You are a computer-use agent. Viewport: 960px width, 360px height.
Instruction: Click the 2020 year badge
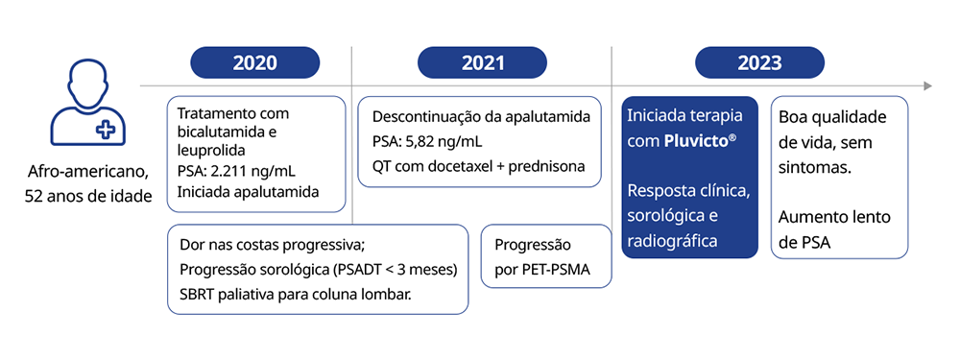coord(254,63)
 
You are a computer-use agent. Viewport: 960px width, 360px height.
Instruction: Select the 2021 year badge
coord(482,63)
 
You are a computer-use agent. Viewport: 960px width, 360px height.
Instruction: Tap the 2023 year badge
coord(758,63)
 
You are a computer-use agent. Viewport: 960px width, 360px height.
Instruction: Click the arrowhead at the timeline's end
coord(927,86)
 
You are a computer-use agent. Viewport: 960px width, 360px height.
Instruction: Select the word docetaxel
coord(461,166)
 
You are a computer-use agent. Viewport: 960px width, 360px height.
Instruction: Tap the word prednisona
coord(545,166)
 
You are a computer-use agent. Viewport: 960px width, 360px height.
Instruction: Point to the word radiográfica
coord(672,241)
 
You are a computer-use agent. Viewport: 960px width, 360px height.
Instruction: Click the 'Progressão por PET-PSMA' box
coord(544,256)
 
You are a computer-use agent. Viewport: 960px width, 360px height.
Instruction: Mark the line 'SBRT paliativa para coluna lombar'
coord(295,293)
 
